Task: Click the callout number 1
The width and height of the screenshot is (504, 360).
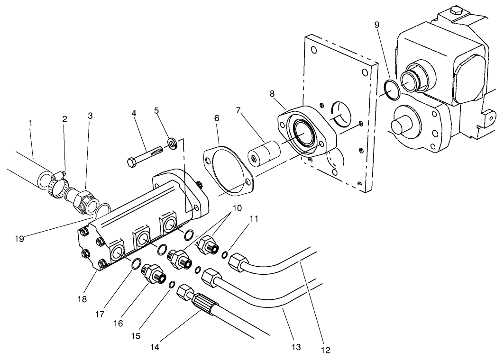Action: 30,123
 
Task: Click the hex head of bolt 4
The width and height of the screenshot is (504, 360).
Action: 132,162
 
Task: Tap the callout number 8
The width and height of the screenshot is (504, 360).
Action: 272,94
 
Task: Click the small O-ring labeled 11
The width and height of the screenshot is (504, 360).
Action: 225,255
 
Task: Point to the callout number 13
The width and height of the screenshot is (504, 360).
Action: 296,348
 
